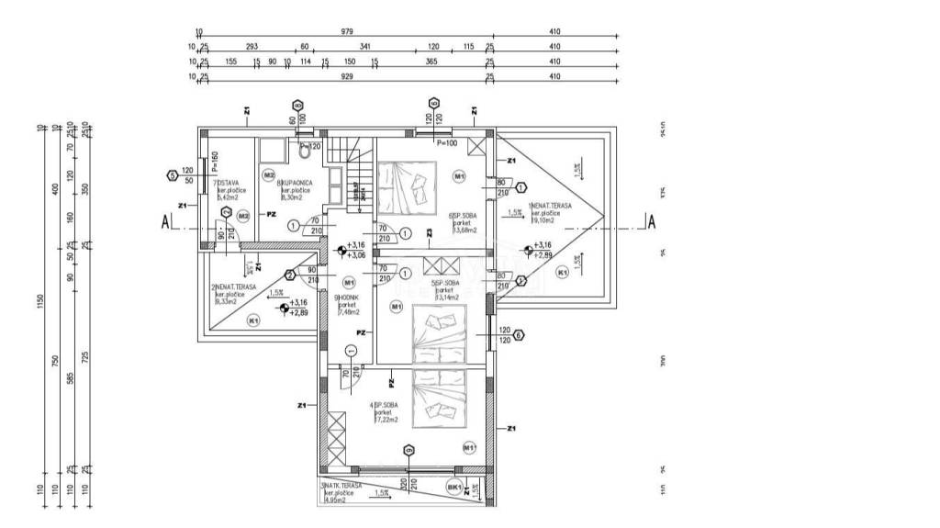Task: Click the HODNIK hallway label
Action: [347, 298]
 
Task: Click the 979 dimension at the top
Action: [347, 31]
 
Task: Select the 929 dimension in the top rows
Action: [347, 77]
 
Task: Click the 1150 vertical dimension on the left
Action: [42, 303]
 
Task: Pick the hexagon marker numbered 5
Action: [172, 174]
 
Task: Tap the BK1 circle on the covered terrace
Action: [453, 487]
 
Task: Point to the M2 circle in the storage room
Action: [243, 216]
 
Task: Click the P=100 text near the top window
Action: [446, 144]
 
